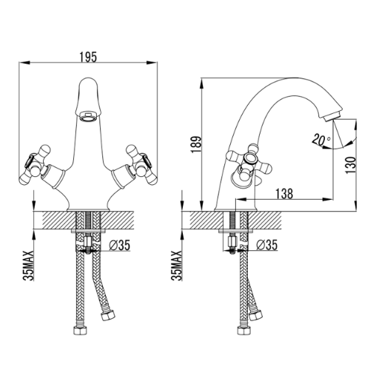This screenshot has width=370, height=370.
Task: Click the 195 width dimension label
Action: pyautogui.click(x=88, y=57)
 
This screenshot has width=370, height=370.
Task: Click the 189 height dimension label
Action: pyautogui.click(x=197, y=144)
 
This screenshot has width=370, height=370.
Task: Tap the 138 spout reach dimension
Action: pyautogui.click(x=284, y=194)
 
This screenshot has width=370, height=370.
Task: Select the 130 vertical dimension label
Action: pyautogui.click(x=351, y=165)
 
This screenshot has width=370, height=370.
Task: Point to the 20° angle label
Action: pyautogui.click(x=321, y=140)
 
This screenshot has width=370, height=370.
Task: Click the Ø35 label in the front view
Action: pyautogui.click(x=120, y=245)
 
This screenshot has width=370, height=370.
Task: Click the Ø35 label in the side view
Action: pyautogui.click(x=267, y=245)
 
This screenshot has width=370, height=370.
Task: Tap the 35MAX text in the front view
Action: pyautogui.click(x=28, y=266)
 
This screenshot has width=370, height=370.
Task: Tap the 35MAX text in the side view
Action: pyautogui.click(x=176, y=266)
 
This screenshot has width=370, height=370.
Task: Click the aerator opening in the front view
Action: pyautogui.click(x=88, y=116)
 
